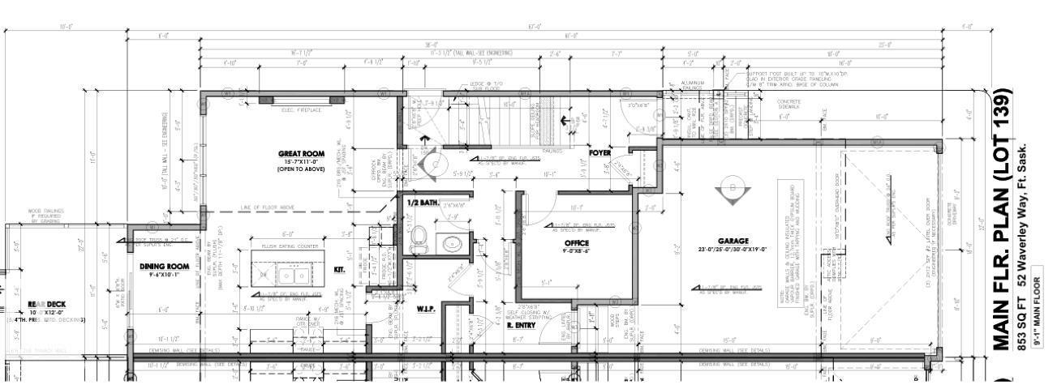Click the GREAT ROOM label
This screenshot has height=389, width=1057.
coord(301,153)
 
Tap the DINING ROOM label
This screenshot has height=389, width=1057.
coord(164,266)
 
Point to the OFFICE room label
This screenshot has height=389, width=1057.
coord(577,242)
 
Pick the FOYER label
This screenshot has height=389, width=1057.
coord(599,152)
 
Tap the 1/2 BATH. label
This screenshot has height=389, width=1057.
coord(422,202)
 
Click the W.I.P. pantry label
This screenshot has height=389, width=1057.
coord(428,308)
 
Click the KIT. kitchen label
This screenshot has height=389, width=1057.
coord(339,270)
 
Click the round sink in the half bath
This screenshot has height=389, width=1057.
coord(451,242)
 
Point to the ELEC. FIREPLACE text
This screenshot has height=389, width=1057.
coord(301,109)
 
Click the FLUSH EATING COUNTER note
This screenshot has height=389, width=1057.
coord(290,245)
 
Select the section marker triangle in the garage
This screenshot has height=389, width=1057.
coord(728,194)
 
